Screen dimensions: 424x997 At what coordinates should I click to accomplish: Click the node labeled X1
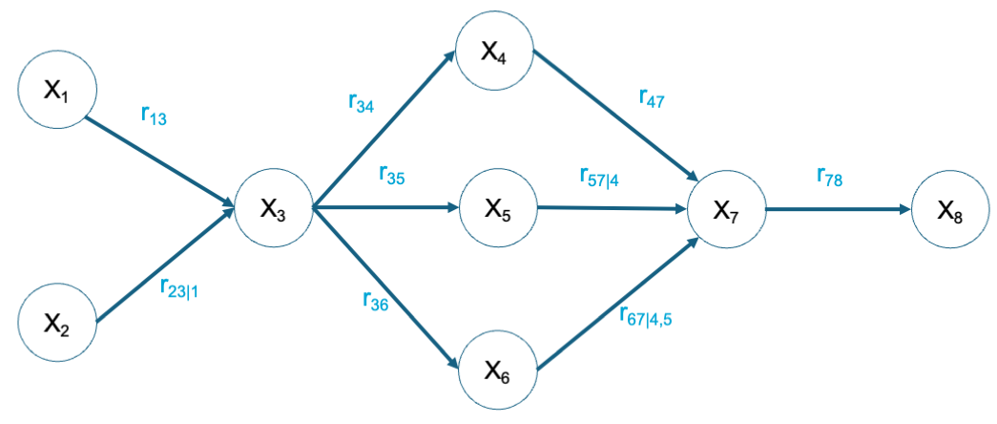coord(56,91)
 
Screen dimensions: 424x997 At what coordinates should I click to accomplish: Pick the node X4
coord(493,52)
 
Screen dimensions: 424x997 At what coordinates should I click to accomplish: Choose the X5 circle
coord(497,208)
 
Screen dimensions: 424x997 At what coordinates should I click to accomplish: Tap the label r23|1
coord(179,287)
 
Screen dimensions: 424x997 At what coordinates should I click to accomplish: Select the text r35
coord(393,174)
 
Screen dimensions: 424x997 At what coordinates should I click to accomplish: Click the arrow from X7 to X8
coord(835,208)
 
